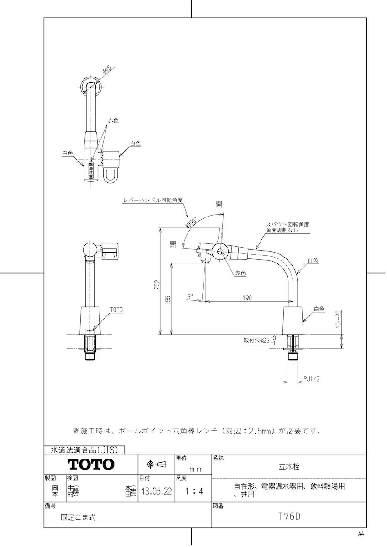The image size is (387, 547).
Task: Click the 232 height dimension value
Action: [157, 285]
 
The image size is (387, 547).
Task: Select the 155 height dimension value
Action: [168, 299]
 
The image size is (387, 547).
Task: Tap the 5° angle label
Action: [190, 296]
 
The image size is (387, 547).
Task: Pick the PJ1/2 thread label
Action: [312, 378]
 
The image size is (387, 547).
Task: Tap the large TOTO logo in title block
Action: [91, 464]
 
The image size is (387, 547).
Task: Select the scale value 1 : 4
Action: [193, 491]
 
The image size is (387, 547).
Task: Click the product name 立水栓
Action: [289, 466]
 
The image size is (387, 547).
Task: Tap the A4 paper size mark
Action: [361, 533]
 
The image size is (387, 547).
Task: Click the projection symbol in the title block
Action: [156, 464]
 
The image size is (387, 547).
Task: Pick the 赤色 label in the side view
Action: [241, 273]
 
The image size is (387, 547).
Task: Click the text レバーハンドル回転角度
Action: [153, 200]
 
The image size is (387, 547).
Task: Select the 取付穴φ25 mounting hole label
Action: [256, 340]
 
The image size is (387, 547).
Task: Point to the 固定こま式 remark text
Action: [78, 517]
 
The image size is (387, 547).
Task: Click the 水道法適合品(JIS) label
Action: [84, 449]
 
